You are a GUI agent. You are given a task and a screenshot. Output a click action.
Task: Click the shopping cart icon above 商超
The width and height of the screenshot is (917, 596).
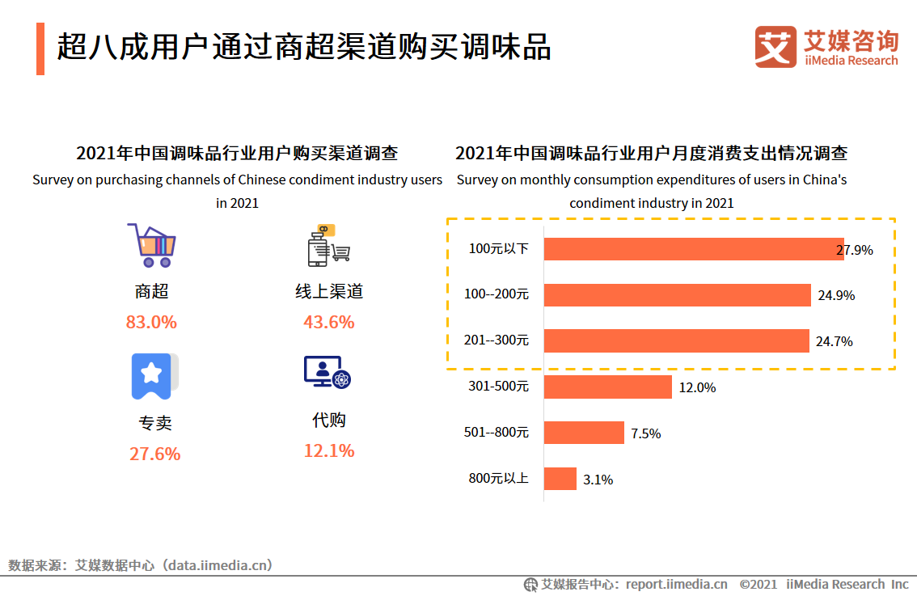pyautogui.click(x=151, y=245)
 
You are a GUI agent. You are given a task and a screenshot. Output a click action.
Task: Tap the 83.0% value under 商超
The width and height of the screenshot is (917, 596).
pyautogui.click(x=151, y=322)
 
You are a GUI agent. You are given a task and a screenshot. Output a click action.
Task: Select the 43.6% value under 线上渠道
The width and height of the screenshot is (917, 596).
pyautogui.click(x=329, y=322)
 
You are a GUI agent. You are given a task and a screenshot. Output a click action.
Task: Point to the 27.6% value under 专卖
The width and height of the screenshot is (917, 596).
pyautogui.click(x=154, y=454)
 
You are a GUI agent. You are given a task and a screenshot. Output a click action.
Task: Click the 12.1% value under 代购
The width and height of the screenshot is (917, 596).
pyautogui.click(x=329, y=450)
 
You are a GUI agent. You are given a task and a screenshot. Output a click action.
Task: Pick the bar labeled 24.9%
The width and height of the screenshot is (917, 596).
pyautogui.click(x=677, y=295)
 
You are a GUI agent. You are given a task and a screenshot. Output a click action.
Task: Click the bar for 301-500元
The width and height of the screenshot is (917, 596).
pyautogui.click(x=607, y=387)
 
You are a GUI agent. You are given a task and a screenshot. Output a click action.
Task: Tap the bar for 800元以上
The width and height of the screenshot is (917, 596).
pyautogui.click(x=560, y=479)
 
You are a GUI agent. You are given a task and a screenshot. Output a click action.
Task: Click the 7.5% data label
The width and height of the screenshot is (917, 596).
pyautogui.click(x=646, y=433)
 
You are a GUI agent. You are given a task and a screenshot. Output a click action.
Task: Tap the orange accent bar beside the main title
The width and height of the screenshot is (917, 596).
pyautogui.click(x=40, y=49)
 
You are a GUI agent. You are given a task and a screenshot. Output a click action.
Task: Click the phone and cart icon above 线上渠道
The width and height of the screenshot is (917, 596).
pyautogui.click(x=328, y=245)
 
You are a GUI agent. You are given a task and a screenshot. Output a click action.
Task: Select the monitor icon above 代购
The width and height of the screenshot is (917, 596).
pyautogui.click(x=327, y=373)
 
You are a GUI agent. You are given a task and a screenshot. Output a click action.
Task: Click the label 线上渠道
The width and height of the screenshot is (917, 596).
pyautogui.click(x=329, y=291)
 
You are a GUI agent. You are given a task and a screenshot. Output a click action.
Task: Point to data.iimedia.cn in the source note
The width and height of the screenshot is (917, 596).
pyautogui.click(x=218, y=564)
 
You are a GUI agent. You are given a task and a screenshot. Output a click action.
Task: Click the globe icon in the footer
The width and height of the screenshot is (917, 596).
pyautogui.click(x=530, y=584)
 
